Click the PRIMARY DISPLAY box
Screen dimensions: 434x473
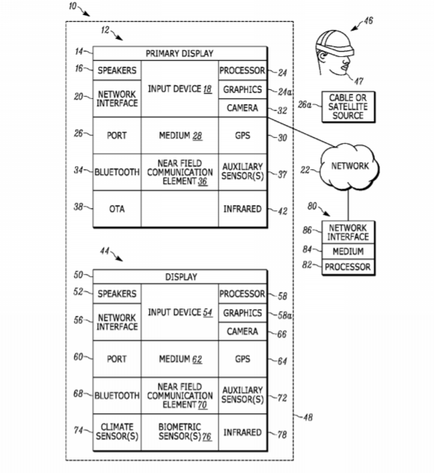180,53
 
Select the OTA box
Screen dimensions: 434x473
117,209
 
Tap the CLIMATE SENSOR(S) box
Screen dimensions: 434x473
117,432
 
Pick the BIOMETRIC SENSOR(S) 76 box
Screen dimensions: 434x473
180,432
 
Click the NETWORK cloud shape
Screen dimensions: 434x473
349,166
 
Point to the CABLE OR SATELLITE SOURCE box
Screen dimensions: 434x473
349,107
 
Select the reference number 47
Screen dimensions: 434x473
358,81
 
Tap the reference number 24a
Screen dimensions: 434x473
284,91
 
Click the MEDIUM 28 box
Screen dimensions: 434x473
180,135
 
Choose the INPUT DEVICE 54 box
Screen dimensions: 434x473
180,312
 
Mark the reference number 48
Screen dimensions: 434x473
308,417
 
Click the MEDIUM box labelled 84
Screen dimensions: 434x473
349,251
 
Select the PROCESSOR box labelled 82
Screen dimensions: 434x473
349,266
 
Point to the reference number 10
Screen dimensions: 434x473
73,6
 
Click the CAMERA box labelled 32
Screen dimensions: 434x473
242,108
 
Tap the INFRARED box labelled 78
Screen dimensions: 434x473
242,432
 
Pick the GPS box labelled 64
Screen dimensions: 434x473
242,359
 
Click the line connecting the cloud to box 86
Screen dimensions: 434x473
349,205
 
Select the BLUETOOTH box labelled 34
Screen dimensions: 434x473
117,172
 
